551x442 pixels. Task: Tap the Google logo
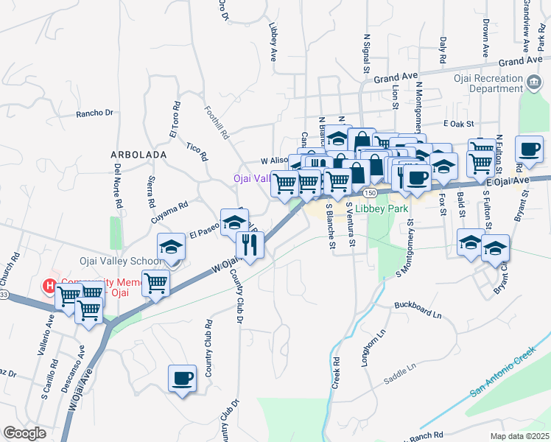[24, 433]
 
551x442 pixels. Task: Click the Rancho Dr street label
[95, 113]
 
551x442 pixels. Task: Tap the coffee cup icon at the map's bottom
[182, 379]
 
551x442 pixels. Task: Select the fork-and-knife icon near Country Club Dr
[250, 245]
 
